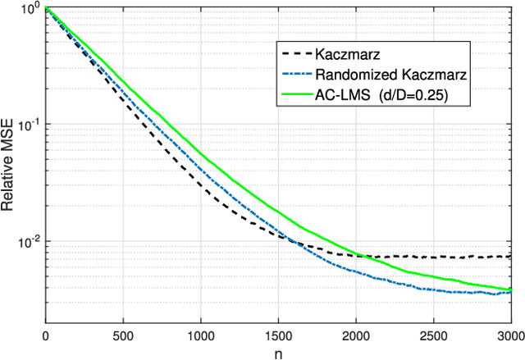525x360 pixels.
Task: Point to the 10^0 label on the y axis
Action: (x=29, y=10)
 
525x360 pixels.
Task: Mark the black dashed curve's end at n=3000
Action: (x=510, y=256)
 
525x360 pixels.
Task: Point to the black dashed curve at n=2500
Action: (x=433, y=257)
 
